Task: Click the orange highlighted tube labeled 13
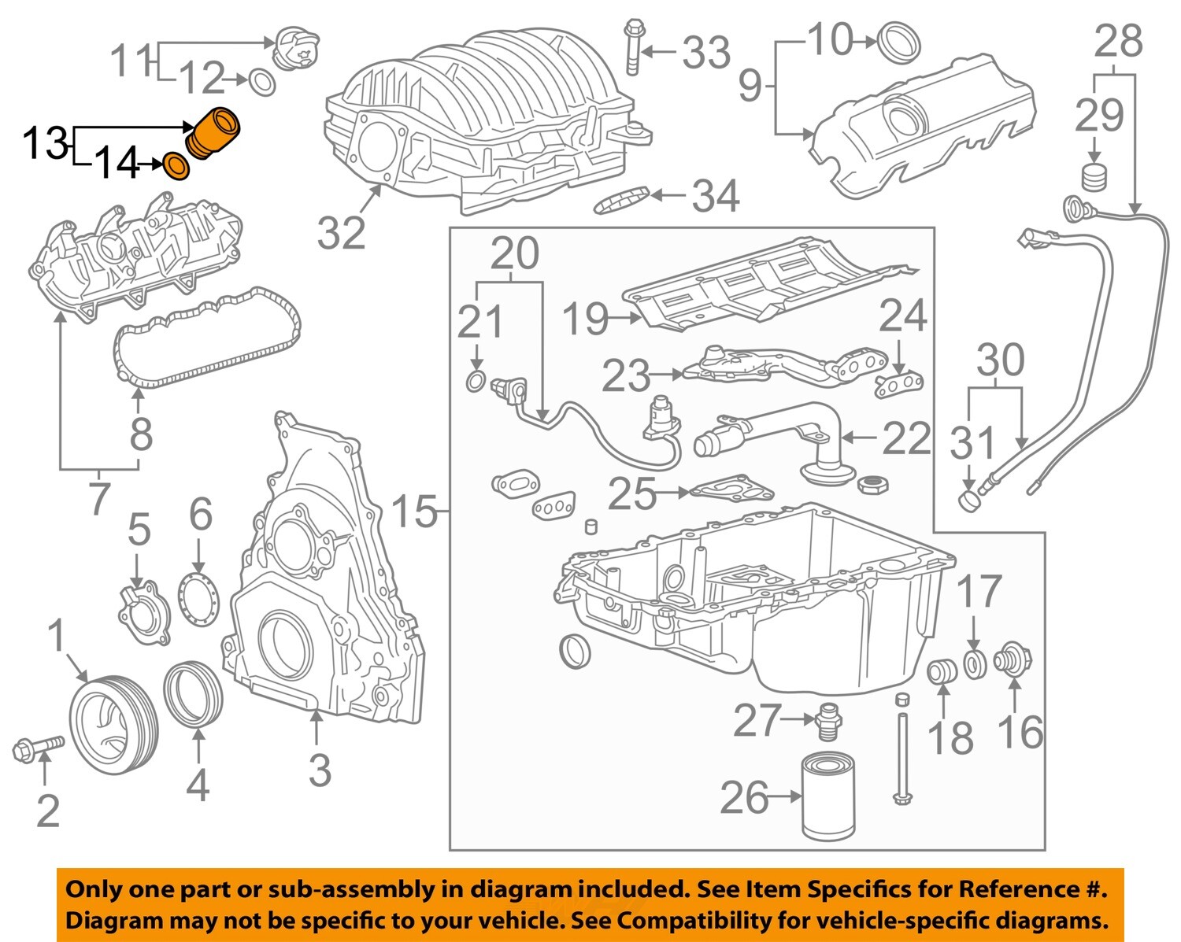coord(214,134)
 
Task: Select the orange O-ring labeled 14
coord(176,166)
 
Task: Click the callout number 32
coord(342,232)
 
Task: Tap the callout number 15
coord(414,512)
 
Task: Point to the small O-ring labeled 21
coord(475,382)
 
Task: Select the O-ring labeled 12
coord(261,81)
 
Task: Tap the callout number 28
coord(1118,41)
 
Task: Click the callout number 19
coord(587,319)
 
